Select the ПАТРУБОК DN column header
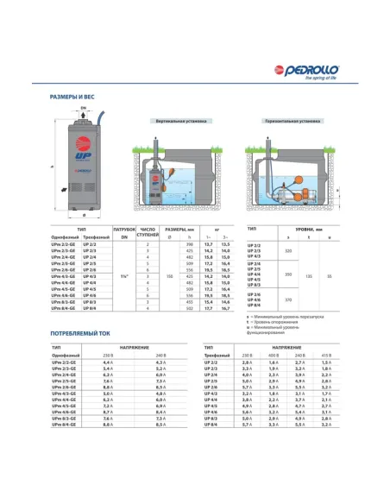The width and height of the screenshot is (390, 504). click(x=123, y=233)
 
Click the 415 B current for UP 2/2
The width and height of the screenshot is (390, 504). click(x=326, y=362)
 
